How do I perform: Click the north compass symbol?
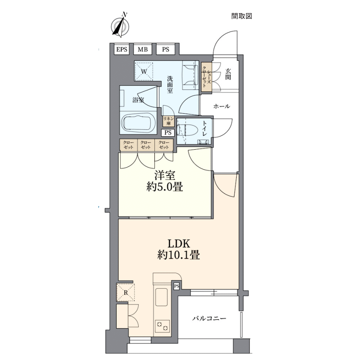click(x=120, y=26)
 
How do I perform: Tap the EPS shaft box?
click(x=122, y=49)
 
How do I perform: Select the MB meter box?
click(x=142, y=49)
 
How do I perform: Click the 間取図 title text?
click(x=242, y=16)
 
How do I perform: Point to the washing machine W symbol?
click(x=144, y=71)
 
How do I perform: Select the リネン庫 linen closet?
click(x=168, y=121)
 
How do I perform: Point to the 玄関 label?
click(x=228, y=74)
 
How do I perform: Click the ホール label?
click(x=222, y=106)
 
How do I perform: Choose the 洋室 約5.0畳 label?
click(x=165, y=181)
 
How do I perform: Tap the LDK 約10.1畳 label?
click(x=179, y=249)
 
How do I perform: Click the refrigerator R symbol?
click(x=126, y=293)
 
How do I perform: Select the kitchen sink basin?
click(x=162, y=297)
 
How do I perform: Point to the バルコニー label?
click(x=209, y=318)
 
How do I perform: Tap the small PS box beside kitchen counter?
click(x=176, y=286)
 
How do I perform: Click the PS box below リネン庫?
click(x=168, y=132)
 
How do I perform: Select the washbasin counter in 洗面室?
click(x=190, y=75)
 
